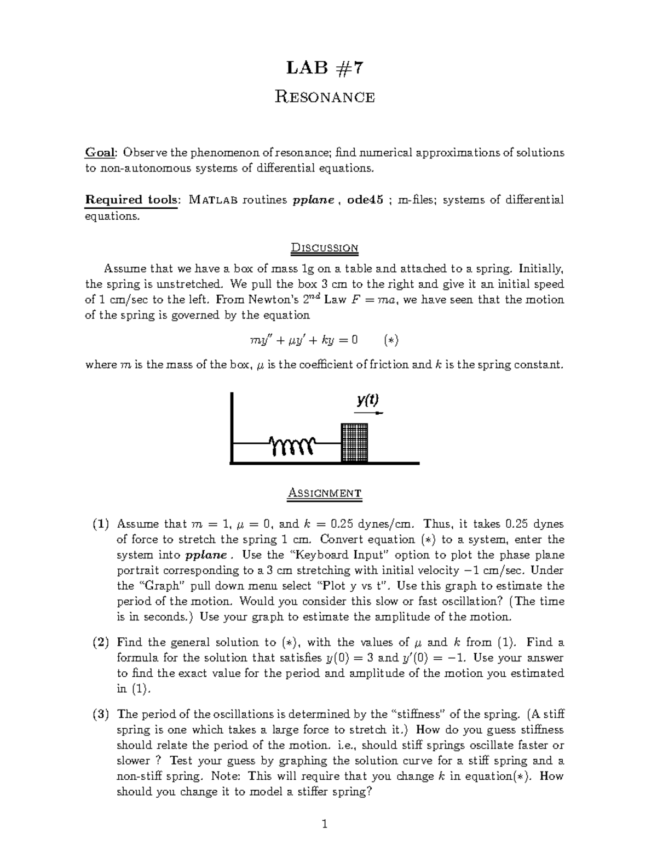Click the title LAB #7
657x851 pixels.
[x=325, y=68]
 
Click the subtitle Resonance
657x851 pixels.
[x=325, y=97]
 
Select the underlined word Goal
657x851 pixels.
[x=100, y=152]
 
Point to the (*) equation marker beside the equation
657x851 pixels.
[x=390, y=340]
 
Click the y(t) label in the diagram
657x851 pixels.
[x=367, y=400]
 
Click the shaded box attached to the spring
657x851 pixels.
[x=354, y=442]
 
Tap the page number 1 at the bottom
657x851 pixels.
[x=325, y=824]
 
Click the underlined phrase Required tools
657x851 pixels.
[x=131, y=199]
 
